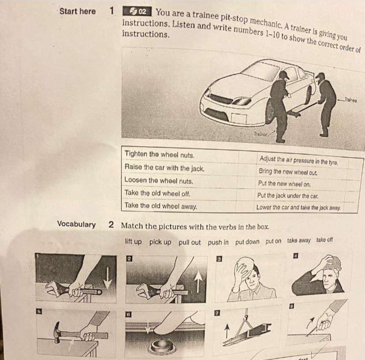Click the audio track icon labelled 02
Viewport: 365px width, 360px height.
pyautogui.click(x=138, y=12)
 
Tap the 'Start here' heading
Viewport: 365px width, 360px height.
pyautogui.click(x=77, y=11)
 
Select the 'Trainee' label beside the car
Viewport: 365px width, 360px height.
pyautogui.click(x=351, y=100)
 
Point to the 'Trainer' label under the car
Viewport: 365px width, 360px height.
pyautogui.click(x=260, y=134)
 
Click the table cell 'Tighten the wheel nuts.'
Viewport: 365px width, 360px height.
pyautogui.click(x=159, y=155)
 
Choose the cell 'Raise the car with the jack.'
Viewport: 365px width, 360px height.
pyautogui.click(x=165, y=168)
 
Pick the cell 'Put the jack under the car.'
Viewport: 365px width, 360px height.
pyautogui.click(x=288, y=196)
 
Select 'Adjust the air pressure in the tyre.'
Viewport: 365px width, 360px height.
pyautogui.click(x=299, y=160)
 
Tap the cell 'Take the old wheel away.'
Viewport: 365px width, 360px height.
pyautogui.click(x=161, y=206)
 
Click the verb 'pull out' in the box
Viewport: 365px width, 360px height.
pyautogui.click(x=189, y=242)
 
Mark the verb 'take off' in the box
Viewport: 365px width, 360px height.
pyautogui.click(x=324, y=240)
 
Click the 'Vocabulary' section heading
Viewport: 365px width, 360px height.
pyautogui.click(x=76, y=224)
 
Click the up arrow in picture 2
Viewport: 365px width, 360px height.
pyautogui.click(x=198, y=282)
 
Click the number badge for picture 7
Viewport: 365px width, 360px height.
pyautogui.click(x=217, y=313)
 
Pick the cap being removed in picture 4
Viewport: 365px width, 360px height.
pyautogui.click(x=332, y=262)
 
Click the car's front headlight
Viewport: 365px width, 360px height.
pyautogui.click(x=242, y=101)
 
